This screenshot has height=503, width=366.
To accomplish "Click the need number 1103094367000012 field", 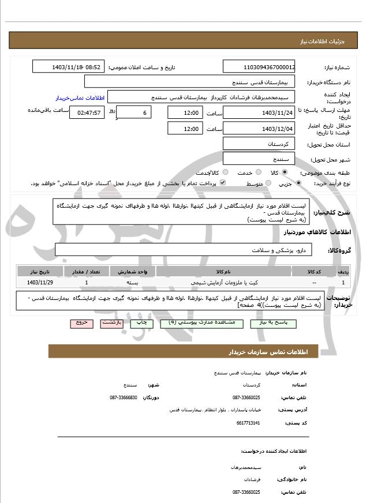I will coord(259,67).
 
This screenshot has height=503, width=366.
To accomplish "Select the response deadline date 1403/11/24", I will coord(259,112).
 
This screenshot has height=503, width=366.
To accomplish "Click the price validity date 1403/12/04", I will coord(259,128).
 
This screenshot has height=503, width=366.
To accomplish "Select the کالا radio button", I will coord(285,172).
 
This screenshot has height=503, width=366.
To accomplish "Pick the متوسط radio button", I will coord(267,183).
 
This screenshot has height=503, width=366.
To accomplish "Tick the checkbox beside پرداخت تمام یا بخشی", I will coord(223,183).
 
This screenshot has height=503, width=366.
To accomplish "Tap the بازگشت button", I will coord(112,323).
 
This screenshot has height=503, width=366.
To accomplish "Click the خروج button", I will coord(81,323).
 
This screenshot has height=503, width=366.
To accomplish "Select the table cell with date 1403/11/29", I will coord(40,283).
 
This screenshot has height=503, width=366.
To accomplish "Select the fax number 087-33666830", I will coord(124,397).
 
